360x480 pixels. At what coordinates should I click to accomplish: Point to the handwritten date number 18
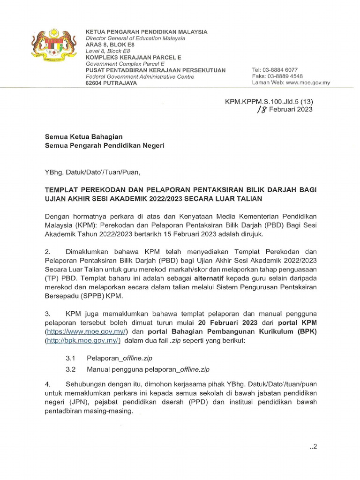point(263,110)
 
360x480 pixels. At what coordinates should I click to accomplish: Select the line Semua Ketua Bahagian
point(83,137)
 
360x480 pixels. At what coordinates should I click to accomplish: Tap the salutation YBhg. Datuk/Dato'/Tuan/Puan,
point(92,172)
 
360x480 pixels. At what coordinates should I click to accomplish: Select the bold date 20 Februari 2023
point(225,322)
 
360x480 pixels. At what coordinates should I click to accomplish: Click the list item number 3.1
point(71,358)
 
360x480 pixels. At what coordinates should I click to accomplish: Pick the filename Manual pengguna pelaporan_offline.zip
point(148,369)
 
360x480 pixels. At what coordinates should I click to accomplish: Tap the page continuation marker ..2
point(314,446)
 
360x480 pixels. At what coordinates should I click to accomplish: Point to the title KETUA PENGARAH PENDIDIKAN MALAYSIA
point(146,32)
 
